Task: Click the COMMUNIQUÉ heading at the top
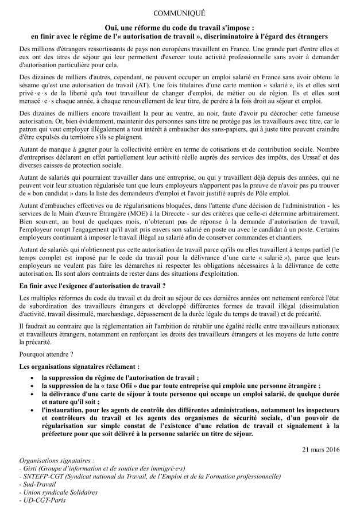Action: click(180, 12)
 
